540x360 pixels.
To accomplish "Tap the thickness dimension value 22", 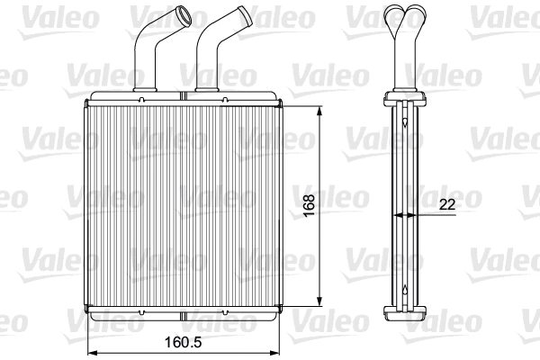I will coord(446,204).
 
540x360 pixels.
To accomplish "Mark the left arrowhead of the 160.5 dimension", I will coord(89,351).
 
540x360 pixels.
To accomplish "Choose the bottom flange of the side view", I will coord(404,312).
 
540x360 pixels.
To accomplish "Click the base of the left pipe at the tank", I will coord(146,86).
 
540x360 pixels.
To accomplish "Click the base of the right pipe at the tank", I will coord(207,86).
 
